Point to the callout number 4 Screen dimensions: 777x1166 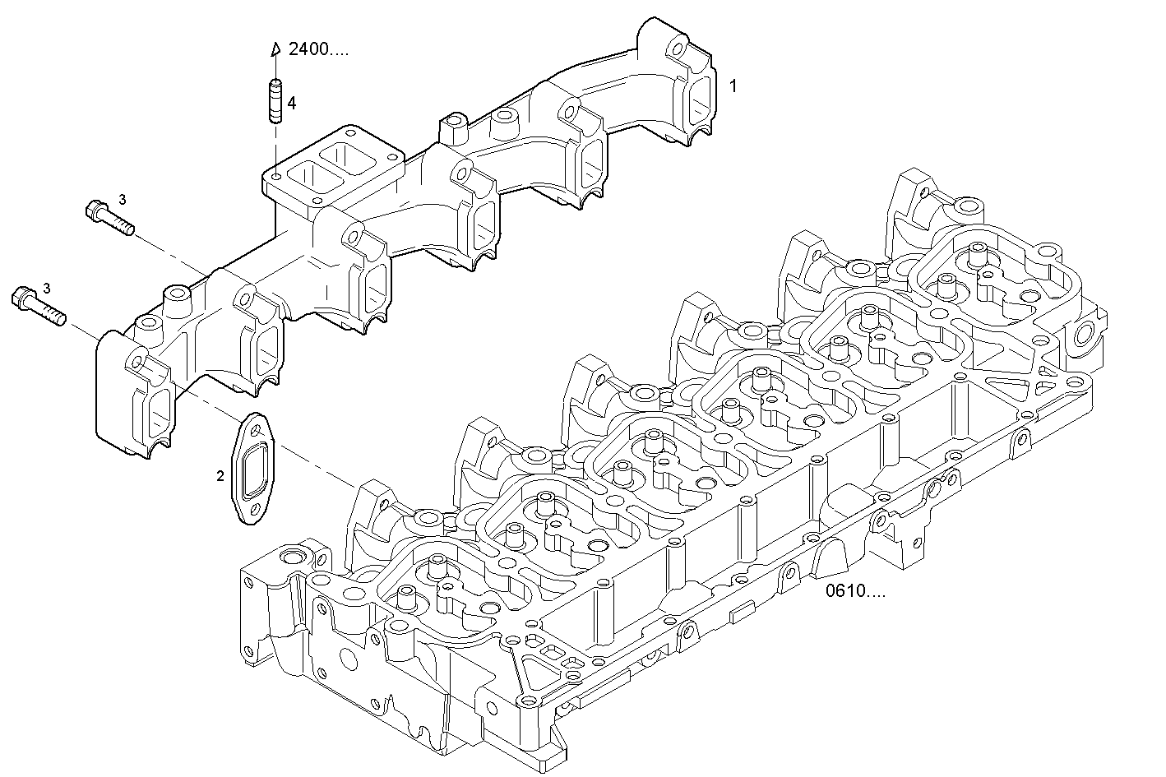pyautogui.click(x=292, y=103)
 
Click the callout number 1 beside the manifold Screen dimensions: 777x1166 pyautogui.click(x=733, y=86)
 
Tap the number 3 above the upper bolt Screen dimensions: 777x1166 pyautogui.click(x=122, y=199)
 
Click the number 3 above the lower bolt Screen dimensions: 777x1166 pyautogui.click(x=47, y=288)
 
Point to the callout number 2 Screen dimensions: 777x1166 pyautogui.click(x=220, y=475)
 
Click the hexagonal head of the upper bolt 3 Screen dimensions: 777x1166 pyautogui.click(x=93, y=210)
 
